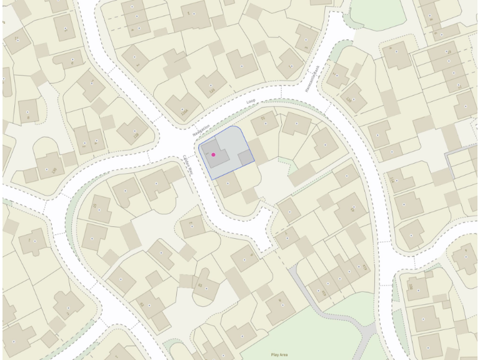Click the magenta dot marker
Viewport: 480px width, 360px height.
click(x=213, y=154)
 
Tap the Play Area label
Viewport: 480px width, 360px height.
click(x=279, y=354)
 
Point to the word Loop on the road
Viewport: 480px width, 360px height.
click(x=251, y=101)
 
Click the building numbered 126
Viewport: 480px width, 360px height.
click(x=211, y=84)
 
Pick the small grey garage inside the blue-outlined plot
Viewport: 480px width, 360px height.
click(x=246, y=157)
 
